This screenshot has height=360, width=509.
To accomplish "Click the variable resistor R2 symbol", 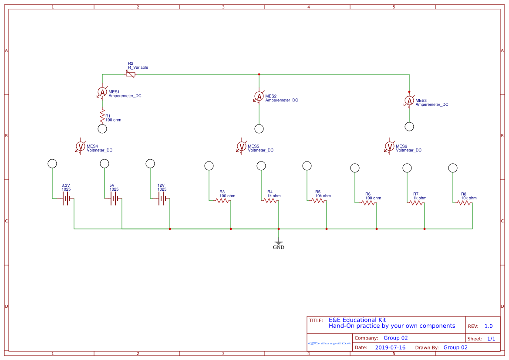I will [x=130, y=74].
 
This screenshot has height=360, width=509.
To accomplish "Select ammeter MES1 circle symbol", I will [x=102, y=92].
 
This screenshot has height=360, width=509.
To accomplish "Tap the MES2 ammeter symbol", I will [x=259, y=96].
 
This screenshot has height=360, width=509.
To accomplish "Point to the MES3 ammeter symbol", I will [x=409, y=101].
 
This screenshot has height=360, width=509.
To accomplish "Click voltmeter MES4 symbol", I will [x=81, y=146].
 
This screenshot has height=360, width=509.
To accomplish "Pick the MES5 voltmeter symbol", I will [x=242, y=146].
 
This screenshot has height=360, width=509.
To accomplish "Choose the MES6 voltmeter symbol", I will [x=390, y=146].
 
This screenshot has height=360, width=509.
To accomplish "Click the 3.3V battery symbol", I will [x=66, y=199].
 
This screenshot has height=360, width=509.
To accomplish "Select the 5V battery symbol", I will [x=114, y=199].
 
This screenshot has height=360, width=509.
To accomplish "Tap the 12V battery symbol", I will [x=162, y=199].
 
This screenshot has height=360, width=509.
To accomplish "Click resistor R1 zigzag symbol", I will [x=102, y=117].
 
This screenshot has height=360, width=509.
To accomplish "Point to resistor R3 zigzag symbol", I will [x=222, y=201].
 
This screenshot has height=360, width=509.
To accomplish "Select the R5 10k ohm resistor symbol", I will [x=318, y=201].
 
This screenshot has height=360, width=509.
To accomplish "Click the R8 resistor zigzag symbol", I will [x=464, y=203].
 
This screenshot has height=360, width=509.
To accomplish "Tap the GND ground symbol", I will [x=279, y=243].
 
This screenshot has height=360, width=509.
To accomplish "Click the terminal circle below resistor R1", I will [x=102, y=129].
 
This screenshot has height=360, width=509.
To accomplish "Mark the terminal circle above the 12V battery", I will [x=150, y=164].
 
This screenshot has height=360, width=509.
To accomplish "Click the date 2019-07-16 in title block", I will [x=390, y=347].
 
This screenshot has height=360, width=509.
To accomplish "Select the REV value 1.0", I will [x=489, y=326].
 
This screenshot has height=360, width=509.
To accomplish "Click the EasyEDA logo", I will [x=330, y=343].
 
